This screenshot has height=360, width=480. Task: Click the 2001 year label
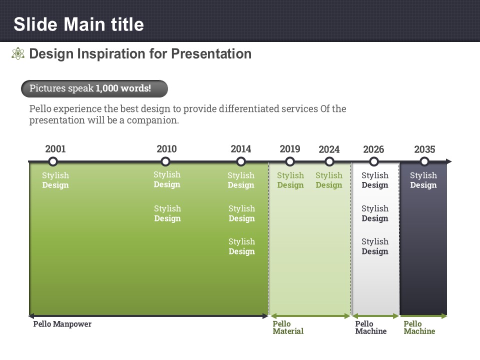[55, 149]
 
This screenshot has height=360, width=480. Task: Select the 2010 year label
[166, 149]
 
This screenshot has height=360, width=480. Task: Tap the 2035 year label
[424, 149]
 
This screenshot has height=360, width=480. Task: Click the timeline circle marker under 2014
[241, 161]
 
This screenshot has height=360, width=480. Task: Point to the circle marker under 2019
[290, 161]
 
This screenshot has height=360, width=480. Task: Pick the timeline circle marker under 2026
[374, 161]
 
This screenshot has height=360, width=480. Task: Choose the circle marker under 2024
[329, 161]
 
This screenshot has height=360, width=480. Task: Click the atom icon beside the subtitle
[18, 53]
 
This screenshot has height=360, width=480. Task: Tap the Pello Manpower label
[62, 324]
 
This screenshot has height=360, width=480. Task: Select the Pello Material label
[288, 327]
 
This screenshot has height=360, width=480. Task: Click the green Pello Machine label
[419, 327]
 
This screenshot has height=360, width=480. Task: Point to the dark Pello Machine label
[370, 327]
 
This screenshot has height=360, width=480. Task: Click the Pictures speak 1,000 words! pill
[94, 89]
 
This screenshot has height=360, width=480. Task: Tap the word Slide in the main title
[35, 24]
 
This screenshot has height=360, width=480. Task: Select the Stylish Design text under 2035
[423, 180]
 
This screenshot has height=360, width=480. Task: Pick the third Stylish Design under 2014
[241, 246]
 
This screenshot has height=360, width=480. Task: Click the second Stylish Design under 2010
[167, 213]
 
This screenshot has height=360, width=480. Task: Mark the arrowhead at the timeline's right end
[449, 161]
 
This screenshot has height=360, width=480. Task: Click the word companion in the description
[152, 120]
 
